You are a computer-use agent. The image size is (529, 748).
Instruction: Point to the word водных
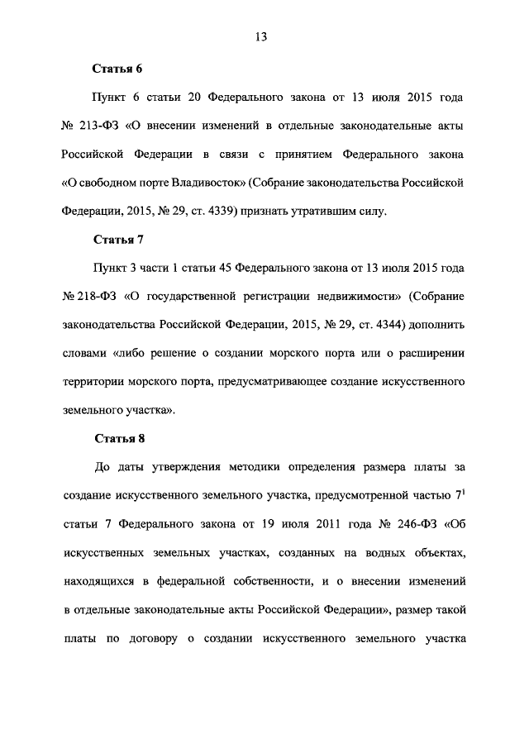point(368,552)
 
